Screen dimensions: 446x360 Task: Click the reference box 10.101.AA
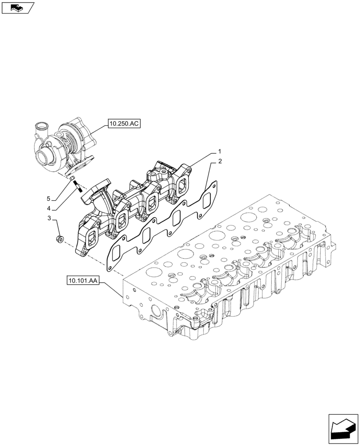click(x=83, y=281)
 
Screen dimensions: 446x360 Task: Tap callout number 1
click(x=219, y=152)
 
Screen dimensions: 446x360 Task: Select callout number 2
click(x=219, y=161)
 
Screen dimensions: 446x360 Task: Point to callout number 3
click(x=50, y=219)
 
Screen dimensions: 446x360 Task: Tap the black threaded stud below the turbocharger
click(x=78, y=186)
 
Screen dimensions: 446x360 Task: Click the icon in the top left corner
click(x=17, y=7)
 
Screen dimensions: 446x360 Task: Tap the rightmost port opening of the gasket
click(x=206, y=200)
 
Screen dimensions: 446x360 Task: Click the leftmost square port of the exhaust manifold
click(x=92, y=237)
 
